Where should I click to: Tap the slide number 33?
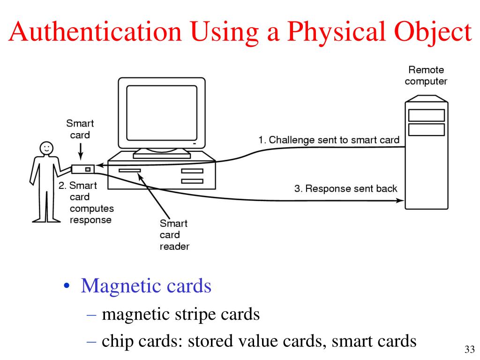(x=469, y=349)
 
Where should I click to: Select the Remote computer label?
(x=426, y=75)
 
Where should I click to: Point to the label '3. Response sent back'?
(x=345, y=189)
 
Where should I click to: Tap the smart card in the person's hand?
(x=82, y=169)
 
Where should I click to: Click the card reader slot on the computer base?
(x=130, y=171)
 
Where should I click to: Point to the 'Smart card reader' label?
(x=174, y=235)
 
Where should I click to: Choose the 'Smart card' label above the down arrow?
(x=80, y=129)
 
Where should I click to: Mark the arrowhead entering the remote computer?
(x=400, y=201)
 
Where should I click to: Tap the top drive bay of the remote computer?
(x=426, y=115)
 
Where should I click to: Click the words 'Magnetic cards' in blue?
(x=146, y=285)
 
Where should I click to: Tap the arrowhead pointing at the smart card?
(x=98, y=165)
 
